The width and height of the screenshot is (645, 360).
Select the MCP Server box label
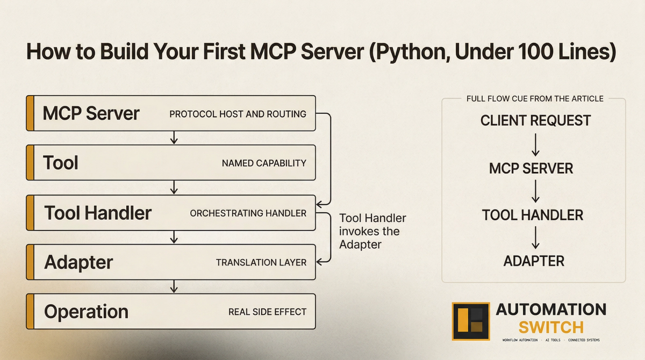[x=91, y=113]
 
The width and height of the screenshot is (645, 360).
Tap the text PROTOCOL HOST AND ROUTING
[x=238, y=114]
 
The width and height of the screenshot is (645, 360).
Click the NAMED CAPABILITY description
[x=264, y=163]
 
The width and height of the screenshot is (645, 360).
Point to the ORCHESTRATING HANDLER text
[x=248, y=213]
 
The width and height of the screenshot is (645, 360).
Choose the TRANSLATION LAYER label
[x=261, y=263]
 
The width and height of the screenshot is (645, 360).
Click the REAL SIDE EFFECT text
[x=267, y=312]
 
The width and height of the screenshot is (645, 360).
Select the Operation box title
[x=86, y=312]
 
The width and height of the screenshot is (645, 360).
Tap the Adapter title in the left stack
[x=78, y=262]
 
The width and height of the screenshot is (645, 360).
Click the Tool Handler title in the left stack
[x=98, y=213]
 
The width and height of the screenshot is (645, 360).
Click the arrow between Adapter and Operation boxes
[x=174, y=286]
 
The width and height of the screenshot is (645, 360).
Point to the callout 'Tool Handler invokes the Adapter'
[x=372, y=231]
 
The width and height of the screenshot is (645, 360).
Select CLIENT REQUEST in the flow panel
[x=535, y=120]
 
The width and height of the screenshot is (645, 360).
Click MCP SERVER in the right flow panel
[x=531, y=168]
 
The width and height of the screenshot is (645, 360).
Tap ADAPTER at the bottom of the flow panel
[x=534, y=261]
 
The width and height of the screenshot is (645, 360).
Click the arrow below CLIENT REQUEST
[x=535, y=144]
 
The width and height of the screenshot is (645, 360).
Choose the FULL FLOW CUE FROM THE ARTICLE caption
[x=533, y=99]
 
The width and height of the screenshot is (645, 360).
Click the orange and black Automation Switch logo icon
[x=471, y=321]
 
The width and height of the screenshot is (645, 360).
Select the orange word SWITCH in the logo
[x=551, y=327]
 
